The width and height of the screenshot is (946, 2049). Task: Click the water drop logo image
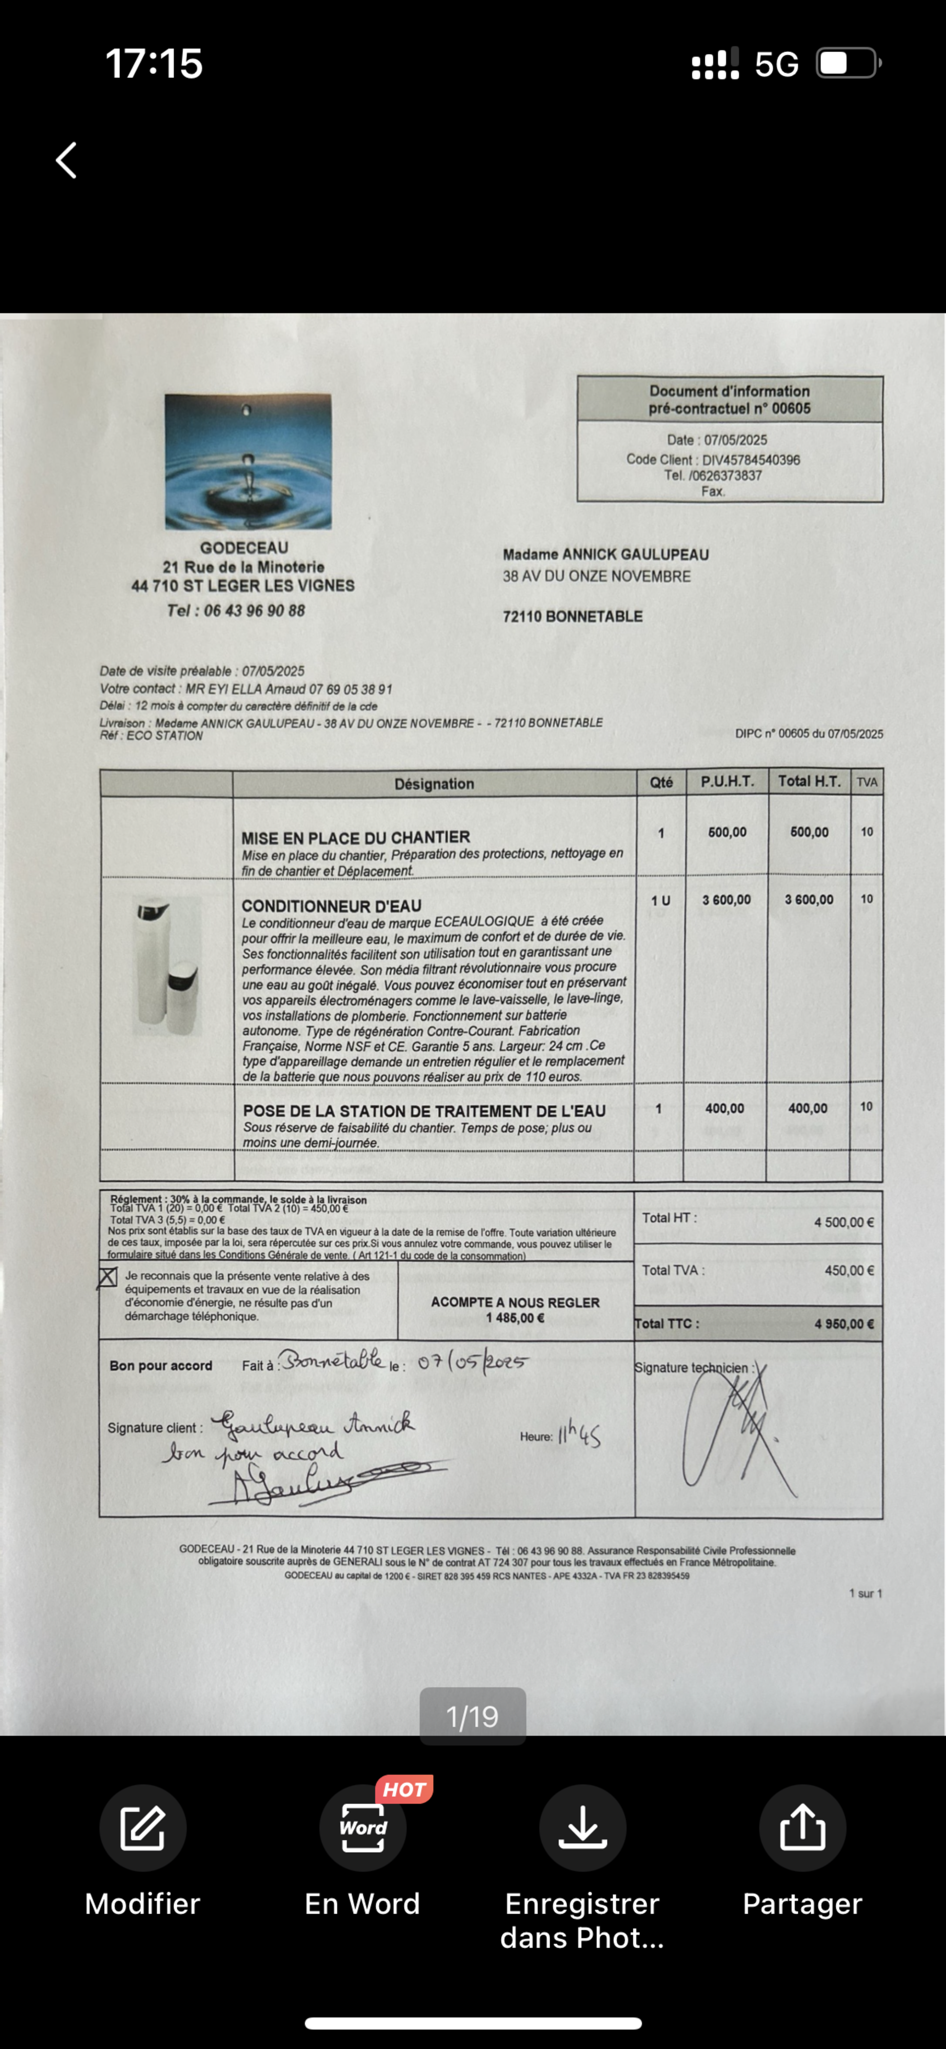[248, 461]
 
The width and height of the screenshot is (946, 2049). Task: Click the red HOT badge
[404, 1789]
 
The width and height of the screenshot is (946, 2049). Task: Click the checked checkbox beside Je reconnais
[107, 1277]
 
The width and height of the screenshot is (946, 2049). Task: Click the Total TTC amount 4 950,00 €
[843, 1324]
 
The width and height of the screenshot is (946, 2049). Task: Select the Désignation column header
[434, 784]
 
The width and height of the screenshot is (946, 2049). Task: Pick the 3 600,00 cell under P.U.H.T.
[726, 900]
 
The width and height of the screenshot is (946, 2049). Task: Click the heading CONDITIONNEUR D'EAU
[332, 906]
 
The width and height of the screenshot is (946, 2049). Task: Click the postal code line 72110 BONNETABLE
[572, 616]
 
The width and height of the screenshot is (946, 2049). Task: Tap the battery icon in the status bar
[848, 63]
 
